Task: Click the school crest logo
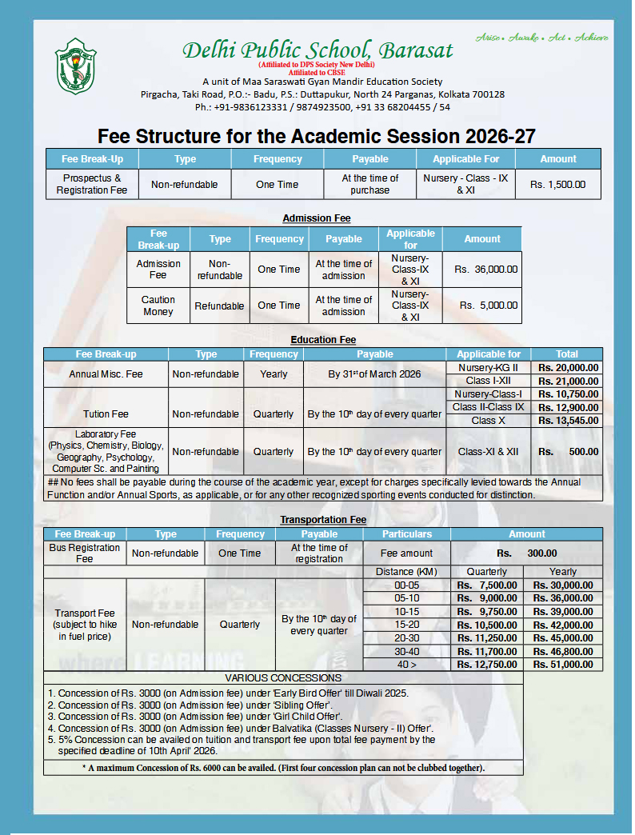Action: coord(76,66)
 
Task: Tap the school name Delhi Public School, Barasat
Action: coord(317,50)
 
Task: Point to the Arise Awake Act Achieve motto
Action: coord(541,38)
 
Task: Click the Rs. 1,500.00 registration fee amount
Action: coord(557,184)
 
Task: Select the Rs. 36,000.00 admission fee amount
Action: coord(485,270)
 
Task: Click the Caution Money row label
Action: coord(158,306)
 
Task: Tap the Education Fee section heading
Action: coord(323,340)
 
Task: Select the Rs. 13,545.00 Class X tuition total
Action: coord(568,421)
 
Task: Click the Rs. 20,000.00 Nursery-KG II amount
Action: coord(568,368)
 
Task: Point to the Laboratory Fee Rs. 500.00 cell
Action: coord(568,452)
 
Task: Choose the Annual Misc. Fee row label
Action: coord(106,374)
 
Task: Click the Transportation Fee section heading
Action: coord(323,520)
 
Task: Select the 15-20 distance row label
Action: coord(407,625)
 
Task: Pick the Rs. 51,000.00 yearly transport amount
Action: coord(563,665)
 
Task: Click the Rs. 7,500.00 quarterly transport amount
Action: coord(487,585)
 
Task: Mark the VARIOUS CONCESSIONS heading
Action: coord(283,678)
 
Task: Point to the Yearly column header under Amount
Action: coord(563,572)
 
